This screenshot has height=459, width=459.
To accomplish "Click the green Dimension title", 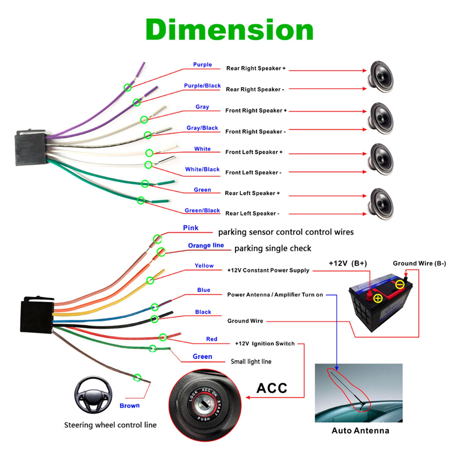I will pos(229,30).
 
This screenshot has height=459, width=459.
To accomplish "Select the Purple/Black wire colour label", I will pos(202,85).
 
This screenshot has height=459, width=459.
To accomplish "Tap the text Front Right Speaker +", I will pos(256,110).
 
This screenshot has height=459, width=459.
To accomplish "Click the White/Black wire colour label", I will pos(202,169).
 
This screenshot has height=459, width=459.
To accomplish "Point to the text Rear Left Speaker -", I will pos(252,213).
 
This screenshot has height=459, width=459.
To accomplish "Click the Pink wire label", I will pos(190,228).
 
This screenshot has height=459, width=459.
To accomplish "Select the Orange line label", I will pos(206,246).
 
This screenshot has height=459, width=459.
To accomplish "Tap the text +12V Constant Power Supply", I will pos(268,270).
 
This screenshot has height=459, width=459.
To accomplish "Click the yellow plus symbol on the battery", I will pos(378,298).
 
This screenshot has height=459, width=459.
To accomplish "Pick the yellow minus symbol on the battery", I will pos(400,285).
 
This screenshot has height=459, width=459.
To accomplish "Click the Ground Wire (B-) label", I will pos(419,263).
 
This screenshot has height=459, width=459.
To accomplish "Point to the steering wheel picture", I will pos(93,395).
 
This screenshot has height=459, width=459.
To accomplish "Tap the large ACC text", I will pos(272,388).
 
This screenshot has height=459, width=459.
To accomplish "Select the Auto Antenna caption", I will pos(360,431).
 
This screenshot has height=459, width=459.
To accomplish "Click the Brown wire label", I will pos(129,406).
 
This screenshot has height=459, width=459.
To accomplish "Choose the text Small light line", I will pos(251,361).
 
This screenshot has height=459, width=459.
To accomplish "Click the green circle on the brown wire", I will pos(137,378).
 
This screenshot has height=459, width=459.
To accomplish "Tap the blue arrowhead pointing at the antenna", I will pos(337,368).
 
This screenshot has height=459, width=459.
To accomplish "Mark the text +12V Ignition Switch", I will pos(264,344).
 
